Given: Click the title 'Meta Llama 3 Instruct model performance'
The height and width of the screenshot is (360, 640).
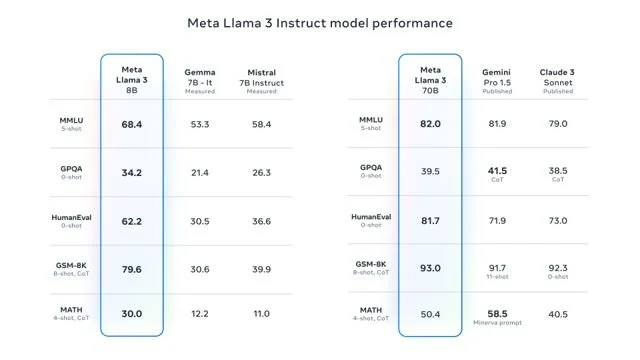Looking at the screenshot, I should point(320,22).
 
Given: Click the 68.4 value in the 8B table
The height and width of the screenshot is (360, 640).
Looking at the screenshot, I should point(132,124).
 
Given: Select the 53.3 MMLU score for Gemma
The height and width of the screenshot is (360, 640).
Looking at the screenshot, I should point(199,124).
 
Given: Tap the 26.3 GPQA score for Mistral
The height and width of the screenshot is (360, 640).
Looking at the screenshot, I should point(261,173).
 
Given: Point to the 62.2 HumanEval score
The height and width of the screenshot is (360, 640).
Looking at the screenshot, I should point(132,221).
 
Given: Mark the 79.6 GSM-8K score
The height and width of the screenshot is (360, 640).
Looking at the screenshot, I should point(132,269).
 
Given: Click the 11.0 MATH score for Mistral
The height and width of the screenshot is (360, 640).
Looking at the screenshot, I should point(261,314).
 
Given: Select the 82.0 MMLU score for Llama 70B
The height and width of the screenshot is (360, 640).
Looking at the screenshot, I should point(430,124).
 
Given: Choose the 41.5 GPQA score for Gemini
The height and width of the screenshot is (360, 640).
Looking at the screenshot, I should point(497,171).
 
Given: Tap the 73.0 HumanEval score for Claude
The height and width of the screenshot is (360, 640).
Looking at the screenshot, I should point(558,221).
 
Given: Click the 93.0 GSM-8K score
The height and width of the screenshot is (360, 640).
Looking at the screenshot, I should point(430,269).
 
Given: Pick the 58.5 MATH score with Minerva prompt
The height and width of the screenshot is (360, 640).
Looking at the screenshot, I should point(497,313).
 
